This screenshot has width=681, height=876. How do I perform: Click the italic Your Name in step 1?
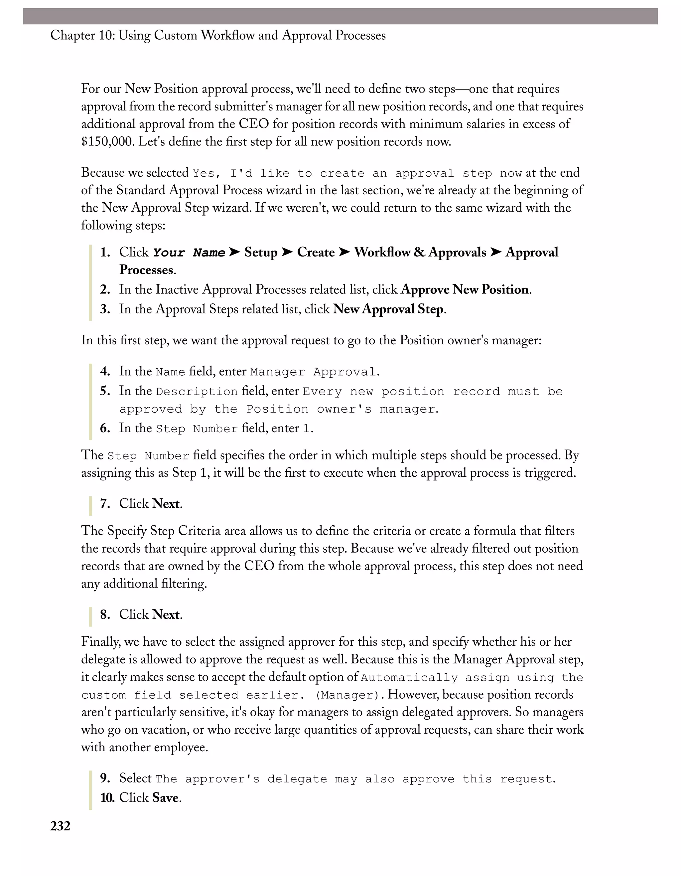189,253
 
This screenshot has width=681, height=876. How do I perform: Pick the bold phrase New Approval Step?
388,309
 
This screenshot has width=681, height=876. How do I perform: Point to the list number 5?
105,391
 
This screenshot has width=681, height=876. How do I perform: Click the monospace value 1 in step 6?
306,429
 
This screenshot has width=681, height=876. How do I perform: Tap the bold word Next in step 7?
166,504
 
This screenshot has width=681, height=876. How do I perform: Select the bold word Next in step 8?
166,614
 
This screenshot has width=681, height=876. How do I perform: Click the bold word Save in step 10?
165,797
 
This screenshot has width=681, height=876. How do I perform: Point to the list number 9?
105,778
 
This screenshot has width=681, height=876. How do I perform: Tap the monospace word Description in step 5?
197,392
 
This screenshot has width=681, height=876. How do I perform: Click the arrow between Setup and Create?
287,252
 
